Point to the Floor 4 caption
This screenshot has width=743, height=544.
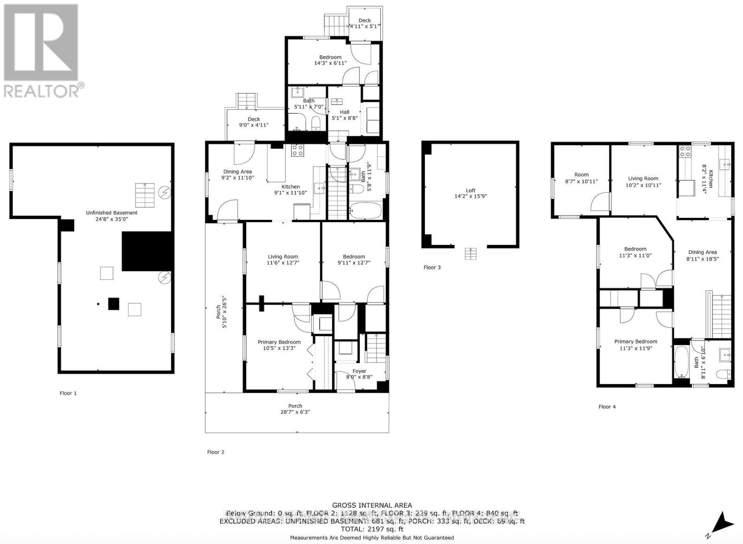coord(607,407)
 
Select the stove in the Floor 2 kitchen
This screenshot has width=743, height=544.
coord(297,150)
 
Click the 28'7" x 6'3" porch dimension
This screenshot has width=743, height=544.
coord(295,412)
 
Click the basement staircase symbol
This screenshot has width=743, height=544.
coord(144,195)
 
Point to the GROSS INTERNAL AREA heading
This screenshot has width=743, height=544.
coord(371,506)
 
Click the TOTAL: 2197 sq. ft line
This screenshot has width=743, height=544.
coord(371,529)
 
